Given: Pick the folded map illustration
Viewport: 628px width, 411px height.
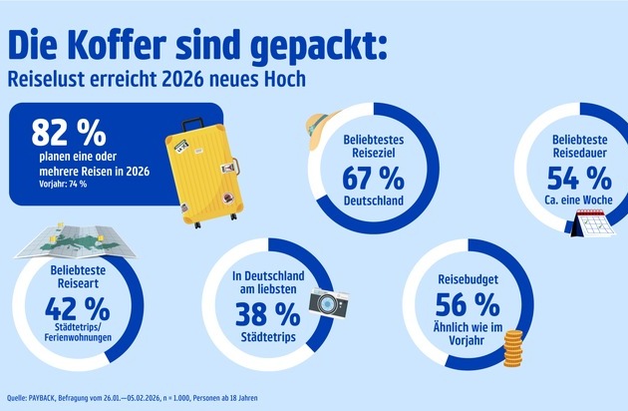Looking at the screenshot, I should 61,245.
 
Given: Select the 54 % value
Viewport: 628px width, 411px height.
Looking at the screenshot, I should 579,179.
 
